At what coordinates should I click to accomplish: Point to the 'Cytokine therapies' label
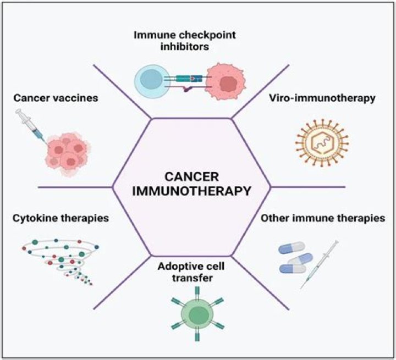click(60, 218)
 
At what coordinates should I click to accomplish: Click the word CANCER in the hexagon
click(191, 178)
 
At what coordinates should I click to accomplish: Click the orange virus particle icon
click(322, 144)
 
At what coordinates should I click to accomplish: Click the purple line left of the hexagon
click(74, 187)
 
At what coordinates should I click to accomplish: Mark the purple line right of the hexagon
click(308, 187)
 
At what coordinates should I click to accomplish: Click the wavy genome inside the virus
click(322, 144)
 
